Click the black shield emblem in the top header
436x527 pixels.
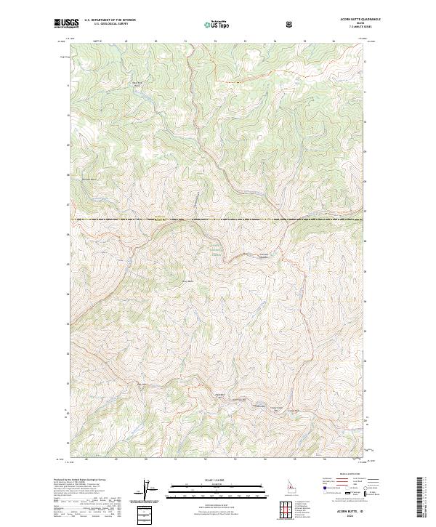click(291, 23)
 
